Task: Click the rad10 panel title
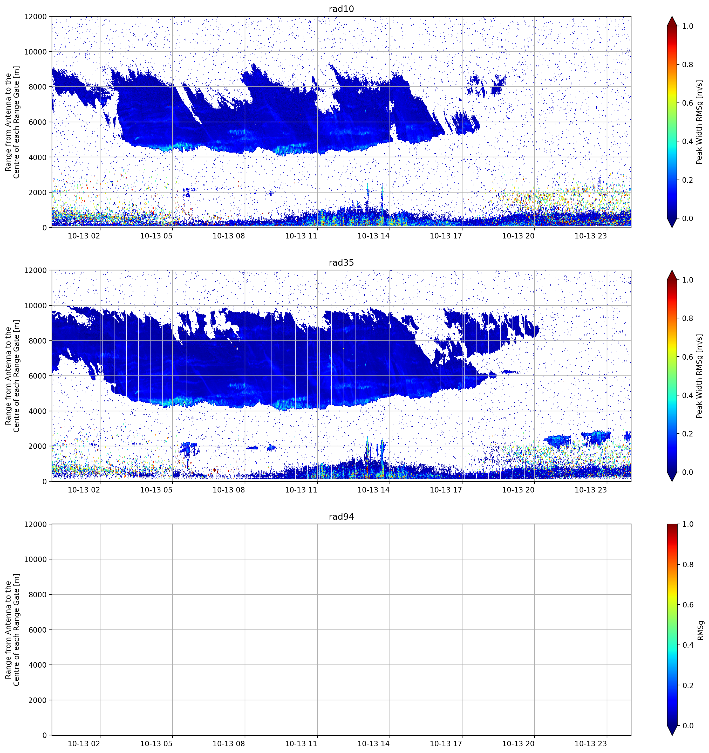[x=341, y=9]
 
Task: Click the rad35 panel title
[x=341, y=263]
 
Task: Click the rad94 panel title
[x=341, y=517]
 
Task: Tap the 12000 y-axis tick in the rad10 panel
[x=36, y=17]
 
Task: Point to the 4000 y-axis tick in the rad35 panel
[x=37, y=411]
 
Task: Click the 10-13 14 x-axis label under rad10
[x=373, y=236]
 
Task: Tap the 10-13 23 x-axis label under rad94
[x=591, y=744]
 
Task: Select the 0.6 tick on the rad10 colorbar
[x=688, y=103]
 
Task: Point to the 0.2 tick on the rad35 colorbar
[x=688, y=434]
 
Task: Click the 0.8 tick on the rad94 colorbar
[x=688, y=564]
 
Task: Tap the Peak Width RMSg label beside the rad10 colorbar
[x=700, y=122]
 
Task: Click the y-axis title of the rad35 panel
[x=12, y=376]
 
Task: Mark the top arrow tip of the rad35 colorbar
[x=672, y=270]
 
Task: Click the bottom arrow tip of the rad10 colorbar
[x=672, y=227]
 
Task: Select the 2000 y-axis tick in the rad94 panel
[x=37, y=700]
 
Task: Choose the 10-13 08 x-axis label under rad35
[x=229, y=490]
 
